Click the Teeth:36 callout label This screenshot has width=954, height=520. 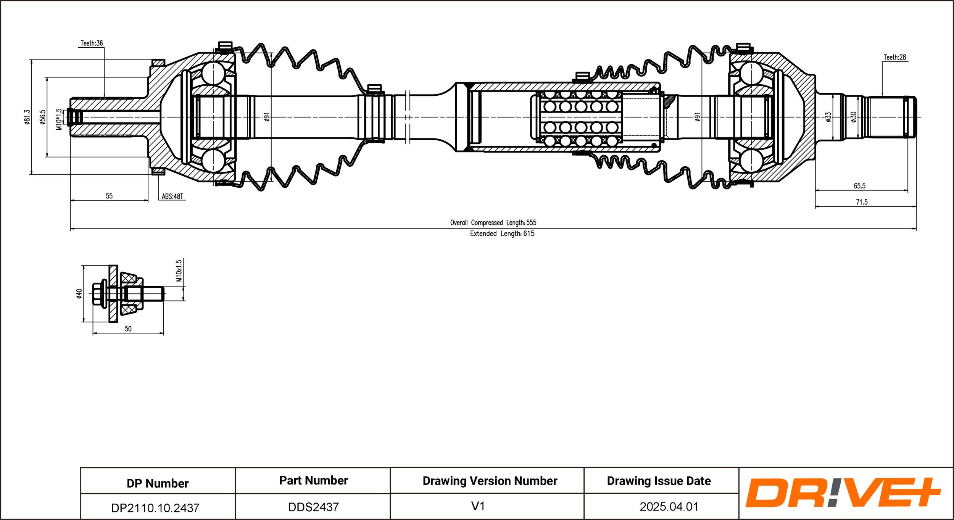click(92, 43)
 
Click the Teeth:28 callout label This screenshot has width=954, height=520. click(894, 57)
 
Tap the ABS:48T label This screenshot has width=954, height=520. click(172, 196)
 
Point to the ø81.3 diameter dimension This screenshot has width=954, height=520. click(27, 117)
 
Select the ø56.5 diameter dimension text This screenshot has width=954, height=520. click(42, 117)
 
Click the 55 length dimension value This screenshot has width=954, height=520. click(109, 196)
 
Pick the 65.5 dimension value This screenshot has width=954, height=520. click(859, 186)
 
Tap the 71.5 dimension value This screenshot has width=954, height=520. click(862, 202)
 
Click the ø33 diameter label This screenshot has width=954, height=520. click(828, 117)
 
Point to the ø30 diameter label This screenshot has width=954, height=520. click(854, 117)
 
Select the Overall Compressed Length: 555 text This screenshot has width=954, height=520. click(493, 222)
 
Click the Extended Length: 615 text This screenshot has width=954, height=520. click(502, 233)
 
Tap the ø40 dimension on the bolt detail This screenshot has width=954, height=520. click(79, 294)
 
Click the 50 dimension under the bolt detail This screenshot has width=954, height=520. click(128, 328)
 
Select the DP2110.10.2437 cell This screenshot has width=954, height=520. click(155, 508)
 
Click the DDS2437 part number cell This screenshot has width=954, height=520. click(313, 507)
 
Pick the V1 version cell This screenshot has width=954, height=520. click(478, 506)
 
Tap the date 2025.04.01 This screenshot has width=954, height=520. click(669, 507)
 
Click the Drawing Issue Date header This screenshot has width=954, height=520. click(659, 481)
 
